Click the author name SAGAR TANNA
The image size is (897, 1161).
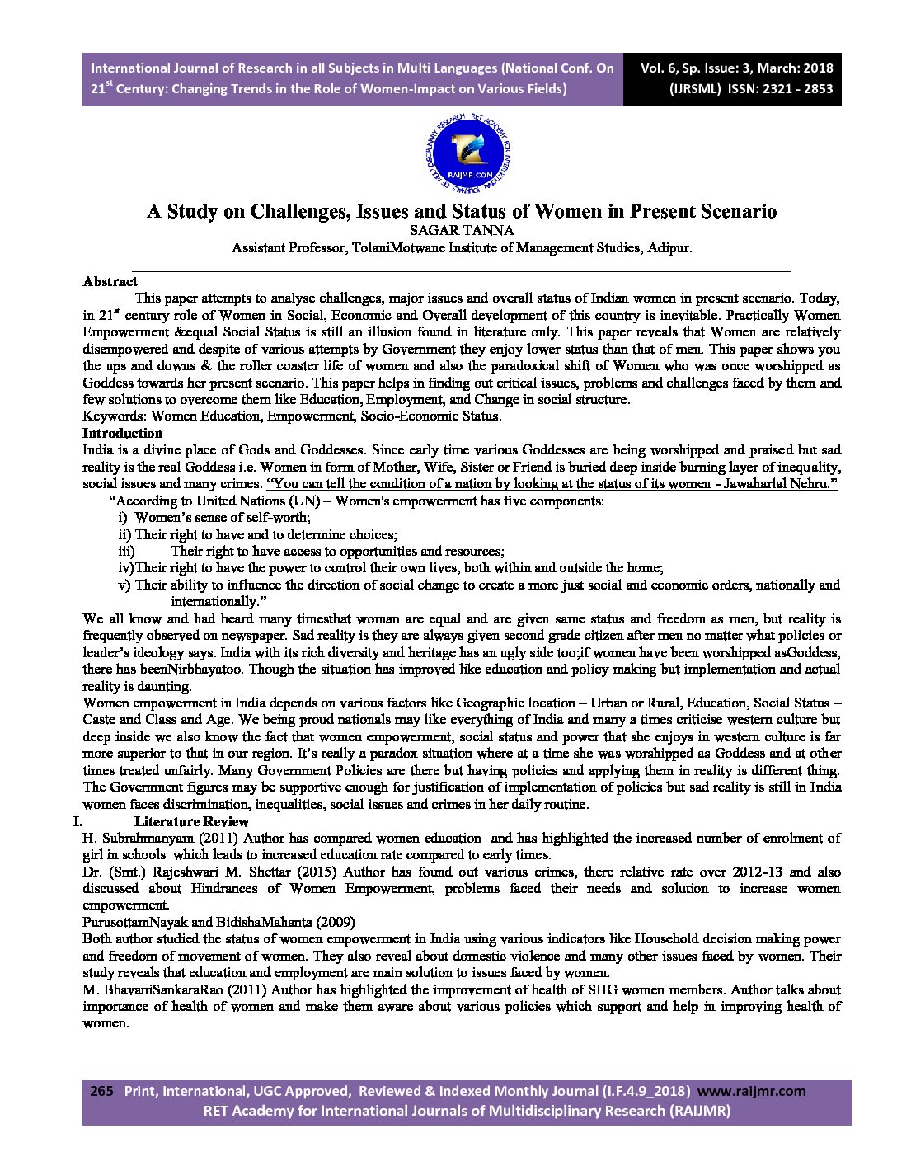tap(462, 231)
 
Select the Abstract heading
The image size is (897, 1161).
tap(110, 281)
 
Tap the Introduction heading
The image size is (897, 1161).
tap(122, 433)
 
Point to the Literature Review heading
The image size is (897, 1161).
tap(191, 821)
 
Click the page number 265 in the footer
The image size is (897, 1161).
tap(101, 1091)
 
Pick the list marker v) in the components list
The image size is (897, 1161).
tap(124, 585)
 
